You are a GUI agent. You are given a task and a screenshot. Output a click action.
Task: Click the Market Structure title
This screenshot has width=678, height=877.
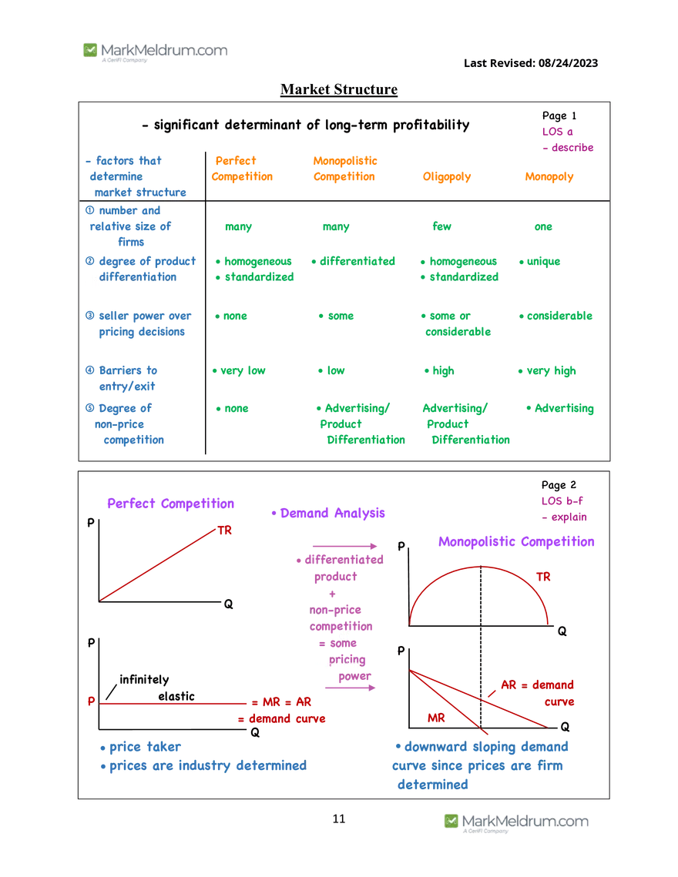coord(339,89)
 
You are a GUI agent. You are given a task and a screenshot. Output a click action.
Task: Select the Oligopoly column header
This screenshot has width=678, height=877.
coord(447,177)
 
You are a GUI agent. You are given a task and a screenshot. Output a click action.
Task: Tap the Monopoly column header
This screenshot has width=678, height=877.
coord(549,177)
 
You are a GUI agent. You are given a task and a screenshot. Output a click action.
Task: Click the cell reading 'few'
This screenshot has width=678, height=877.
coord(441,226)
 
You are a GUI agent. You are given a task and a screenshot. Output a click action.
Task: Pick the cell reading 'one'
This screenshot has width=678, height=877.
coord(543,226)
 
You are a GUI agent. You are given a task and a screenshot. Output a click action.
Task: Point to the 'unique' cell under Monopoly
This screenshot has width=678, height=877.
coord(539,262)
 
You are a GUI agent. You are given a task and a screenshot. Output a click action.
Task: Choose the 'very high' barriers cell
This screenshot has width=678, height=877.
coord(547,371)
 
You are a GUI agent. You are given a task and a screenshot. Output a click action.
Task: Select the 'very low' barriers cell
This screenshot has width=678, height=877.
coord(239,371)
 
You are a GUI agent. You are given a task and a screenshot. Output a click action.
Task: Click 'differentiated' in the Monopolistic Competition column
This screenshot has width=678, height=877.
coord(354,261)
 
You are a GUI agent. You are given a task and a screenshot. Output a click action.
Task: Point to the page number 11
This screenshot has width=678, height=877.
coord(339,818)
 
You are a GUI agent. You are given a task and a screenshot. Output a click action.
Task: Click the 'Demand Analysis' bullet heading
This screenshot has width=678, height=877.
coord(328,513)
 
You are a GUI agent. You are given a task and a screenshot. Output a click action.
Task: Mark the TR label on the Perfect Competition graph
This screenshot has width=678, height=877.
coord(224,531)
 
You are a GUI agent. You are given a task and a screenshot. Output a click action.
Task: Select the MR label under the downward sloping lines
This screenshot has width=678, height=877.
coord(436,718)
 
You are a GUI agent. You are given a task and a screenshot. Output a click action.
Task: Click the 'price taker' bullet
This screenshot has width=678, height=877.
coord(140,747)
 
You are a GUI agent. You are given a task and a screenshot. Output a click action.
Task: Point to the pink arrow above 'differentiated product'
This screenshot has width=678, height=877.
coord(345,546)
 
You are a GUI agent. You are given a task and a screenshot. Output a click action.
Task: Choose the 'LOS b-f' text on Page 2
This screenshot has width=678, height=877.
coord(562,501)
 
